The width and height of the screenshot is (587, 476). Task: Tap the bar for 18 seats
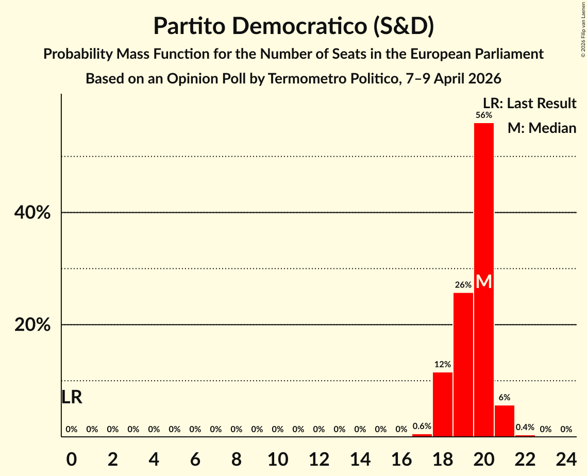[442, 404]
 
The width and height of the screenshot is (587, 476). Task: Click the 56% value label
[483, 115]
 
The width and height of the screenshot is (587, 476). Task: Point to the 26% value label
[463, 285]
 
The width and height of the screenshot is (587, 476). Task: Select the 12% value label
[442, 365]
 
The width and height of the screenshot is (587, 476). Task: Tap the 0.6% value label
[422, 427]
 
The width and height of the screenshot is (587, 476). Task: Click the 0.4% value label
[525, 428]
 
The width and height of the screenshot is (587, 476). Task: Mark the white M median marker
[483, 282]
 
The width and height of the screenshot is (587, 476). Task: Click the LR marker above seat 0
[72, 397]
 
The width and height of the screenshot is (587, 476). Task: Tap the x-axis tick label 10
[277, 458]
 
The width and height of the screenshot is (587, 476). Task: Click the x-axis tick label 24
[566, 458]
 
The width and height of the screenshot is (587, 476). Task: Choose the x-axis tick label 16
[401, 458]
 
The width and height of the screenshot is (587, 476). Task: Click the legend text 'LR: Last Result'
[529, 104]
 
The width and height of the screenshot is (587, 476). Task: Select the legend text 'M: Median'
[542, 128]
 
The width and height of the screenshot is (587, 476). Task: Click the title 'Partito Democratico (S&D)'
[293, 27]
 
